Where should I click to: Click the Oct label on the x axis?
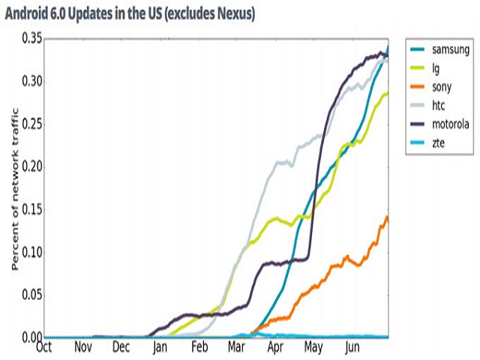44,347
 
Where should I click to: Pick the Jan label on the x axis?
160,347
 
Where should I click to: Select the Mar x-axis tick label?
237,347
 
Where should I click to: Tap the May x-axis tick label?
313,347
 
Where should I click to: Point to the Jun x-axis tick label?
352,347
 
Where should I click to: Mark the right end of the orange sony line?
388,217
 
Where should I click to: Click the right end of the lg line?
388,94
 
